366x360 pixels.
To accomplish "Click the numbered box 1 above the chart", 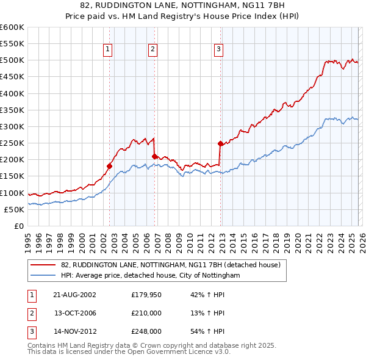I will [x=107, y=49].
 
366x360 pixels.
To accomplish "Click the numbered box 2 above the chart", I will [x=152, y=49].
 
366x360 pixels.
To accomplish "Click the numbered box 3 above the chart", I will [x=218, y=49].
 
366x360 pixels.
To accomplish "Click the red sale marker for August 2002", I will [x=110, y=165].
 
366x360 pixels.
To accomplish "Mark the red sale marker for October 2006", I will [x=154, y=156].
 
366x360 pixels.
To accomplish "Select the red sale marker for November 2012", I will [x=220, y=143].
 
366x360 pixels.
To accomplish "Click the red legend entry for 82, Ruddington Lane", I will [x=170, y=265].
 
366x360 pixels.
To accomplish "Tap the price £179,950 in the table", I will [x=146, y=294].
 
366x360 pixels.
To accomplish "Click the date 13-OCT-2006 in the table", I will [x=75, y=313].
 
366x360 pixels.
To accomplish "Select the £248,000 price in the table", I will [x=146, y=333].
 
